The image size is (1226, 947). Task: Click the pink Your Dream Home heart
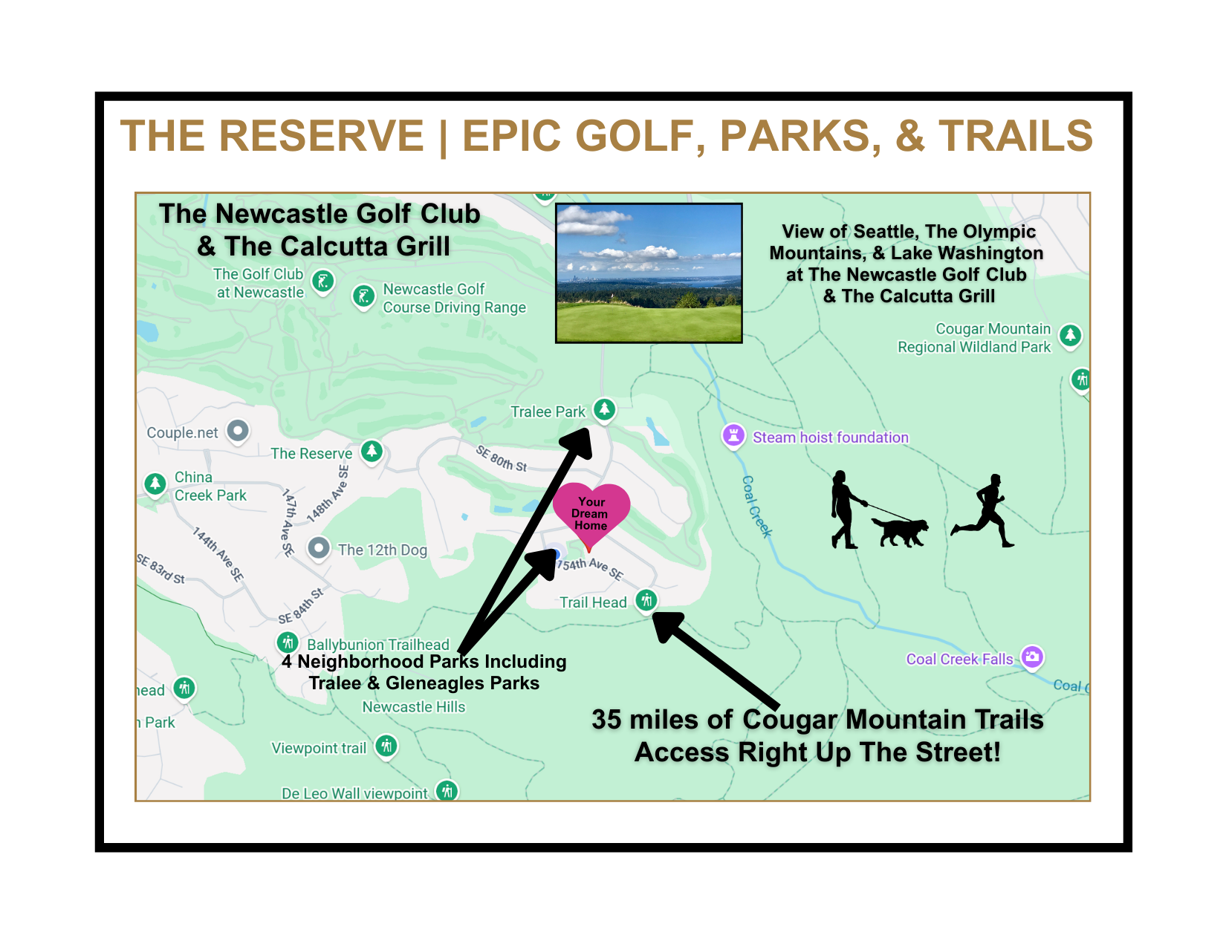point(591,512)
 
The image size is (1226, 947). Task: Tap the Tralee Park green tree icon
point(605,409)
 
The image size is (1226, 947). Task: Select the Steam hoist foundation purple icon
point(733,436)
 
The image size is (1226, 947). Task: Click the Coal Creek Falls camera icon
point(1032,657)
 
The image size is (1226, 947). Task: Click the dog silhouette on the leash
point(901,530)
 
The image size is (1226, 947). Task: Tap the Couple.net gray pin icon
point(238,430)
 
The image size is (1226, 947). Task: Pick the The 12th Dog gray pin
point(319,548)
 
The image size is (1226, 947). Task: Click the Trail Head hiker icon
point(646,599)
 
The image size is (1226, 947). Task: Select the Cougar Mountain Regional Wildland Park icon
point(1070,335)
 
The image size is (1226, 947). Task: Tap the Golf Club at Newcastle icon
point(322,282)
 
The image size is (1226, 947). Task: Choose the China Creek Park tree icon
point(155,484)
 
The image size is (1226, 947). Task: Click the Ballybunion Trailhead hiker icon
point(288,642)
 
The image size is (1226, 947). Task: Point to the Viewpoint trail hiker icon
point(386,745)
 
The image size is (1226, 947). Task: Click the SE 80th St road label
point(502,459)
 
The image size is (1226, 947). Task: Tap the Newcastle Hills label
point(413,707)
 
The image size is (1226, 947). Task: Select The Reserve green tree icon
point(372,450)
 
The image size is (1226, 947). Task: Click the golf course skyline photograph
point(649,273)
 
